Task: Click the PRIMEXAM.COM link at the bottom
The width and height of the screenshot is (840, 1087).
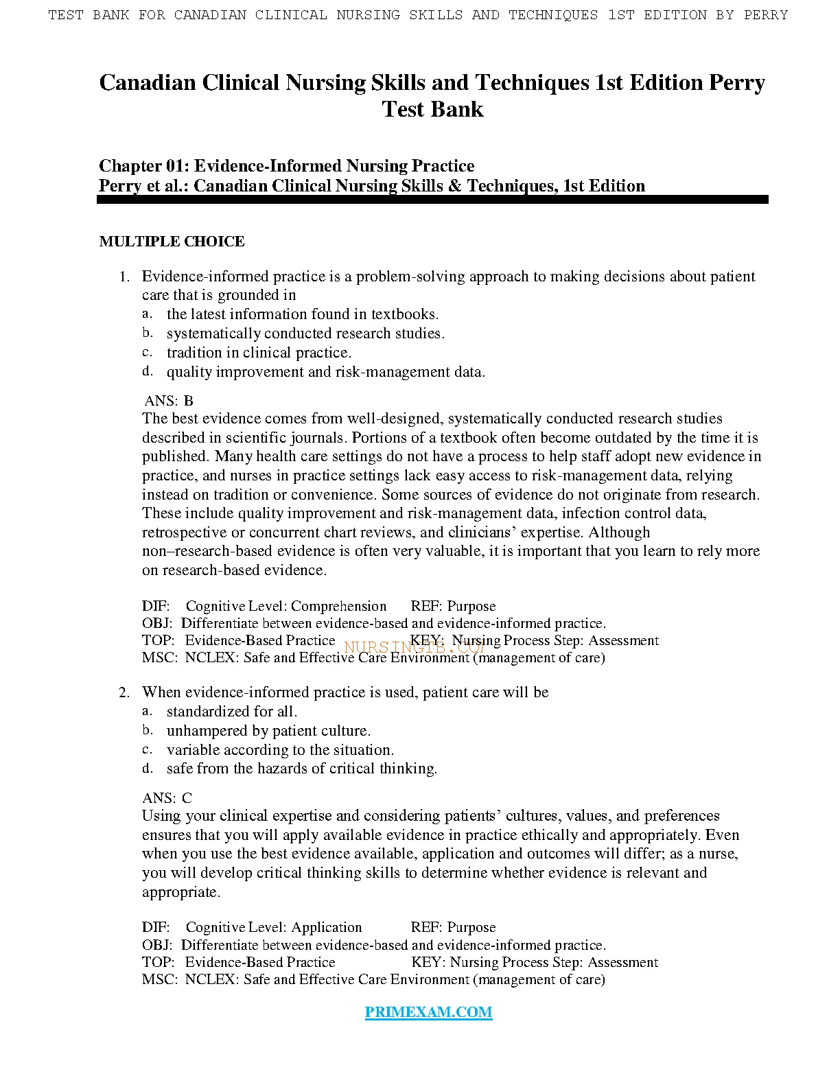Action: [x=428, y=1012]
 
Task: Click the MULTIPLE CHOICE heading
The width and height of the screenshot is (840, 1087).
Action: [x=172, y=242]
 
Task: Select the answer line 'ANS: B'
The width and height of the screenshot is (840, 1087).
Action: [x=169, y=401]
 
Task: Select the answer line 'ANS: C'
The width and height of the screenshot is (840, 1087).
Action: [x=167, y=798]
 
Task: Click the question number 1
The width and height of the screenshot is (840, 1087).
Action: [x=124, y=277]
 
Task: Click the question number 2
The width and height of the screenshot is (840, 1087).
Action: [x=124, y=693]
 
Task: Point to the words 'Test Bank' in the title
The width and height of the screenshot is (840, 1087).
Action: [x=432, y=109]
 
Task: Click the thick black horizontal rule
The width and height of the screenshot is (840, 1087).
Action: [x=432, y=200]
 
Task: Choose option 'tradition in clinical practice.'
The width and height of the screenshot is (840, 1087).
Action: [x=259, y=353]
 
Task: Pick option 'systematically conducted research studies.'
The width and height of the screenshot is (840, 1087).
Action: [x=305, y=334]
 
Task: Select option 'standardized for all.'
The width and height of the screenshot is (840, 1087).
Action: [x=232, y=712]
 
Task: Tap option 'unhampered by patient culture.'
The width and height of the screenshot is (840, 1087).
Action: [x=268, y=731]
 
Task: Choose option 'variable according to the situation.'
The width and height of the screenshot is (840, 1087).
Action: [x=280, y=750]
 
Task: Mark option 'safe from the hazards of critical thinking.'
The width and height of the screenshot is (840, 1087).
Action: [x=302, y=769]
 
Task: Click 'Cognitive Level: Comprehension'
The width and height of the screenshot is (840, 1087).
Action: [x=286, y=607]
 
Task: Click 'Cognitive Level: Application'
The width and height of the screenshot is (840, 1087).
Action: [x=274, y=928]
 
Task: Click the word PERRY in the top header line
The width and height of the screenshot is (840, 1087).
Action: [x=766, y=14]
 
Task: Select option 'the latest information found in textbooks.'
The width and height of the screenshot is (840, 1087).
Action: [x=303, y=314]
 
